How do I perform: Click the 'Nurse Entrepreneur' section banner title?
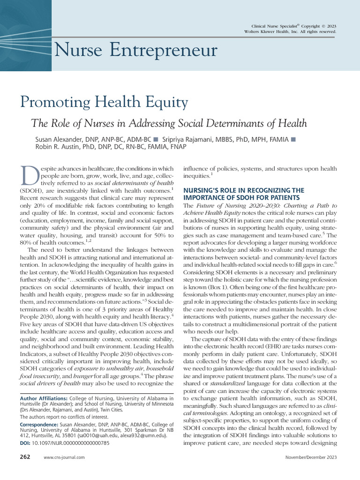pos(135,50)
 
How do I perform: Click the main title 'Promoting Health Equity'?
pos(104,102)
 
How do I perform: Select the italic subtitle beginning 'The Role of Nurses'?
pos(169,123)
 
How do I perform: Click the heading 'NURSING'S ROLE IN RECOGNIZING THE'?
pos(243,190)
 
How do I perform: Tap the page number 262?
pos(24,457)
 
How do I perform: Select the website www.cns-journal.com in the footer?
pos(64,457)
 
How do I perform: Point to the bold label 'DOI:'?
pos(26,442)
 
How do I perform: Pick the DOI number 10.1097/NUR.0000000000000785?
pos(72,442)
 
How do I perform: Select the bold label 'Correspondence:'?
pos(38,425)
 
